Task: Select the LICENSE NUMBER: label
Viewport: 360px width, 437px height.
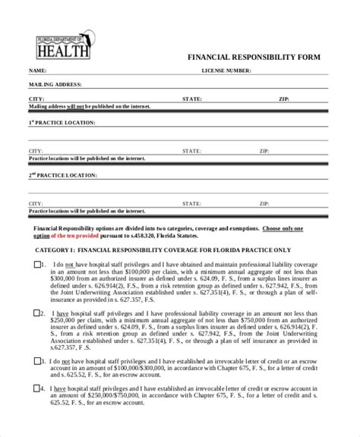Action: pos(226,70)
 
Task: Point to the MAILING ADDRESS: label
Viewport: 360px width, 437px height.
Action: pos(55,84)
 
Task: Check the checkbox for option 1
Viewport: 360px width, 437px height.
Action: pos(38,265)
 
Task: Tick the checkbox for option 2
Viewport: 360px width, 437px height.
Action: pos(38,312)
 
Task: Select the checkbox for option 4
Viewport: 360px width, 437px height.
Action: pos(38,387)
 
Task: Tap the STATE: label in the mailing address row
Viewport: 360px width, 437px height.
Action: pos(191,99)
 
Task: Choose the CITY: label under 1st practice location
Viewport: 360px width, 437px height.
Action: pos(36,151)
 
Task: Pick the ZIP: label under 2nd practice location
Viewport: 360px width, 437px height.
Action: pos(263,204)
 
